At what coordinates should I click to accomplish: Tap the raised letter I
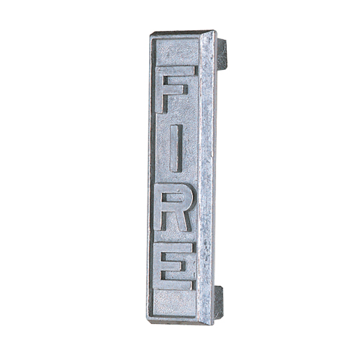(x=175, y=148)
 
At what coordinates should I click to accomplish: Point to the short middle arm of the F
(x=175, y=90)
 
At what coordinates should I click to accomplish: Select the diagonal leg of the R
(x=182, y=221)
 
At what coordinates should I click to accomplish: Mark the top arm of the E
(x=174, y=247)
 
